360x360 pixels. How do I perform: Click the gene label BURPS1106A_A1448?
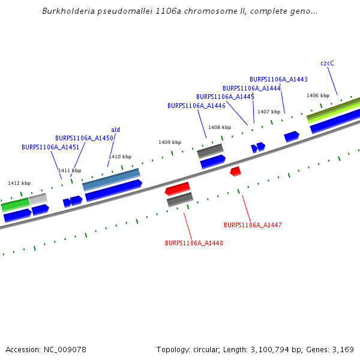pyautogui.click(x=194, y=243)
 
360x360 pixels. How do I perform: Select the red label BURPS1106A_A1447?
pyautogui.click(x=253, y=225)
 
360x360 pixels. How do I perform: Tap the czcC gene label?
pyautogui.click(x=327, y=63)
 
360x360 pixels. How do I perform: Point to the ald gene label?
pyautogui.click(x=116, y=130)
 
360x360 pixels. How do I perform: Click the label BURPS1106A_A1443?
pyautogui.click(x=278, y=79)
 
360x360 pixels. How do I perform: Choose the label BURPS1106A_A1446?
pyautogui.click(x=196, y=106)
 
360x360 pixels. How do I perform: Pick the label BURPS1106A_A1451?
pyautogui.click(x=50, y=147)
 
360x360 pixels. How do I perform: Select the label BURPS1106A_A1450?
pyautogui.click(x=84, y=138)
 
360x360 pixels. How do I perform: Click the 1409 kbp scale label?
pyautogui.click(x=170, y=142)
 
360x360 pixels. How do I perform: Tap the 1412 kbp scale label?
pyautogui.click(x=19, y=183)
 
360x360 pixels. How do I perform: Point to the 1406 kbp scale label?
pyautogui.click(x=318, y=95)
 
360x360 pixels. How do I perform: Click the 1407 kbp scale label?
pyautogui.click(x=269, y=112)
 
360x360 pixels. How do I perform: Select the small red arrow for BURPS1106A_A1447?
pyautogui.click(x=235, y=172)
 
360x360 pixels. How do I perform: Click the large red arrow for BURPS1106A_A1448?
pyautogui.click(x=178, y=188)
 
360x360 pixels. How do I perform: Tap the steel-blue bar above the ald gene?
pyautogui.click(x=111, y=179)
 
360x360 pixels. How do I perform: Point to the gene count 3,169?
pyautogui.click(x=342, y=349)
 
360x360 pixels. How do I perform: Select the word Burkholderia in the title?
pyautogui.click(x=68, y=11)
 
